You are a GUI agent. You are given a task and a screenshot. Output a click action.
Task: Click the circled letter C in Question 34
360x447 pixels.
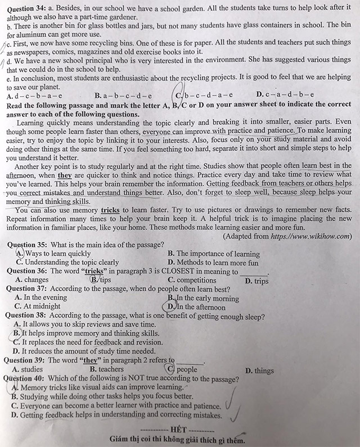click(180, 95)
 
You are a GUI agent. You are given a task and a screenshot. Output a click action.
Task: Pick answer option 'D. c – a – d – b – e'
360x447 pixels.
click(285, 95)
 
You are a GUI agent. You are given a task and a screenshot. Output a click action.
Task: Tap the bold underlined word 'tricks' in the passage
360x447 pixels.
click(110, 210)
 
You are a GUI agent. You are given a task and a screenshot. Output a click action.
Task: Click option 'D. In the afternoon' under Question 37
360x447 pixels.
click(196, 307)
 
